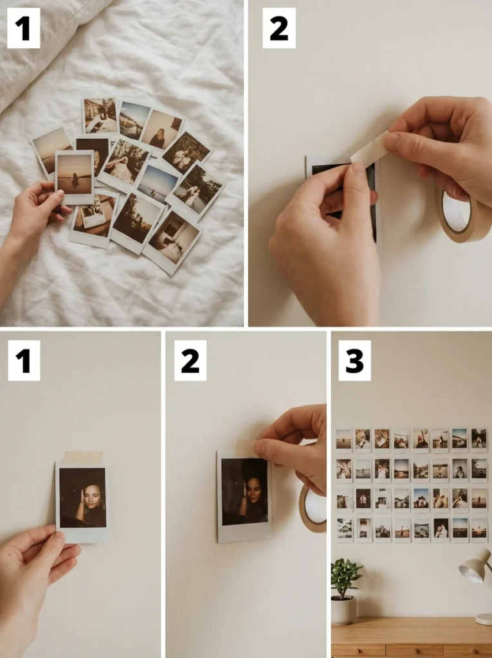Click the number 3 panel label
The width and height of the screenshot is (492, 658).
click(354, 360)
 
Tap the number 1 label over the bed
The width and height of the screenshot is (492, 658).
click(24, 28)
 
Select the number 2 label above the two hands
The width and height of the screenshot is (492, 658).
click(279, 28)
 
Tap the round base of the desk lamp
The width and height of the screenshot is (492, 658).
click(484, 619)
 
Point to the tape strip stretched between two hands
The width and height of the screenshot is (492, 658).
click(370, 147)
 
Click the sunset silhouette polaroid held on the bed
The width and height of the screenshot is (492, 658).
click(75, 177)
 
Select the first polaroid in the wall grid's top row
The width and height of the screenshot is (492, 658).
click(343, 439)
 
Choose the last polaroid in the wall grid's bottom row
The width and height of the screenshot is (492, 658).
click(478, 529)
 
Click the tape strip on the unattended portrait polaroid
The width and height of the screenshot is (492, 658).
click(82, 458)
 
